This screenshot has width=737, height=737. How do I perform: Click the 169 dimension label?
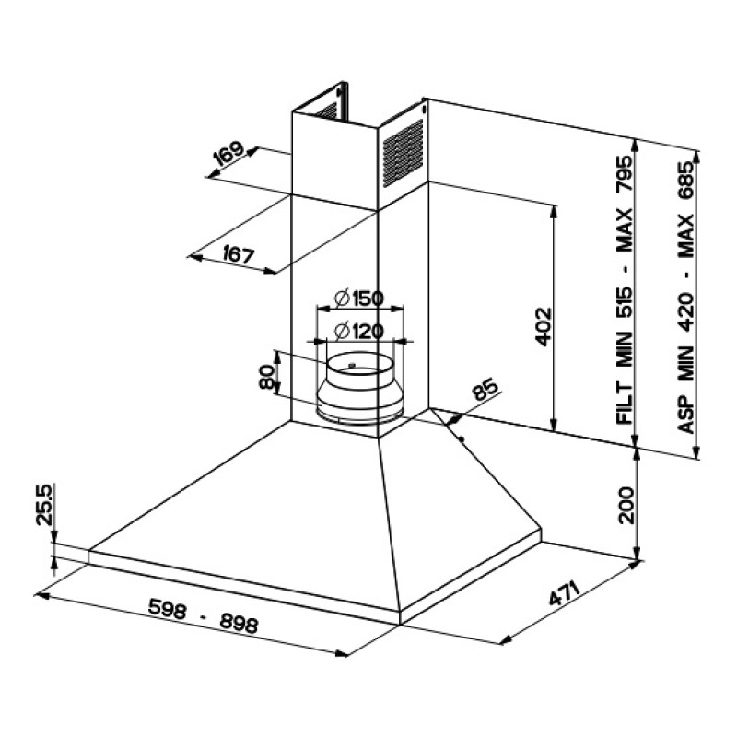pos(229,153)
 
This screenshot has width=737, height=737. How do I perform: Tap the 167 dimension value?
pos(239,254)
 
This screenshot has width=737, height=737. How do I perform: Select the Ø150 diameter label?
pos(359,298)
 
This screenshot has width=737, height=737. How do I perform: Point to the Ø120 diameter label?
pos(359,332)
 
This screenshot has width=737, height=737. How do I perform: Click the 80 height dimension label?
pos(266,377)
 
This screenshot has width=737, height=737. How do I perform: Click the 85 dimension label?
pos(485,389)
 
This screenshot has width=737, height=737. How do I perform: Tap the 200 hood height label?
pos(626,505)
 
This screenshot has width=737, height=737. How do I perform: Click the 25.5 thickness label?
pos(45,505)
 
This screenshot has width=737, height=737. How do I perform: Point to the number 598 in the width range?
pos(168,609)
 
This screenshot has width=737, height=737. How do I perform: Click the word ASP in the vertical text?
pos(685,415)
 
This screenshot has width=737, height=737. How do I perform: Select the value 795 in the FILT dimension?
pos(626,174)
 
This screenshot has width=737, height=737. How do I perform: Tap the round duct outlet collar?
pos(360,387)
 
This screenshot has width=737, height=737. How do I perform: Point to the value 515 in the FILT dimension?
pos(626,303)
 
